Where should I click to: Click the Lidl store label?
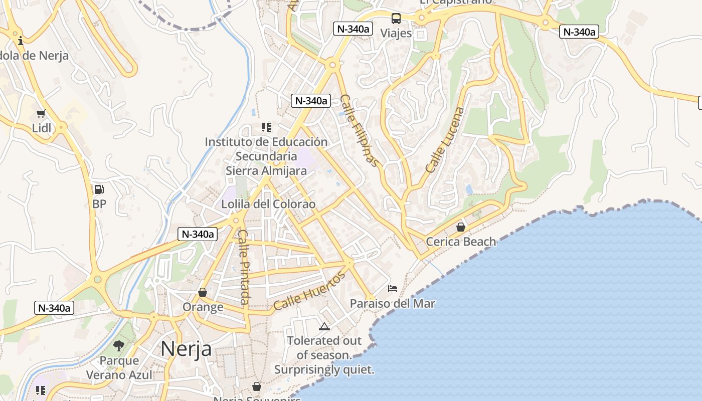point(42,128)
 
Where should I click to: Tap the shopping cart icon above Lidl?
point(41,114)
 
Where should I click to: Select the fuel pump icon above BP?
point(99,189)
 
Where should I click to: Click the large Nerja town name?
point(186,348)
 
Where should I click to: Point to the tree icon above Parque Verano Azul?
point(119,345)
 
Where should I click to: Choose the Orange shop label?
point(203,307)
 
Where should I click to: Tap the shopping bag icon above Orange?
point(203,292)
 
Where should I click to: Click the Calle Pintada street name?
point(244,267)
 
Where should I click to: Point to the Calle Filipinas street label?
point(359,130)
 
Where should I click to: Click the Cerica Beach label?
point(461,242)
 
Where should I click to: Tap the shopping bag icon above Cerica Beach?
point(461,227)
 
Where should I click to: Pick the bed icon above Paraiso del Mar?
point(393,289)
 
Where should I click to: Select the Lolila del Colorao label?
point(269,204)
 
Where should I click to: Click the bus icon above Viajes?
point(396,19)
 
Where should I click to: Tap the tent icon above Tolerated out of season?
point(324,327)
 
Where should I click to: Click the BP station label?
point(99,204)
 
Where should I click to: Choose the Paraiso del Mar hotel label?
point(393,303)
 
